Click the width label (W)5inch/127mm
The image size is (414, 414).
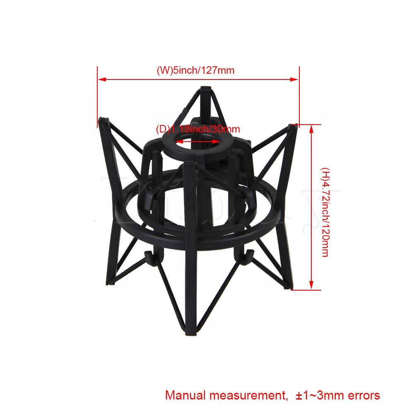(x=195, y=70)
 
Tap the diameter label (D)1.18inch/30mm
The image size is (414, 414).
(x=195, y=129)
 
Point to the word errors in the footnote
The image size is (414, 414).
(x=361, y=395)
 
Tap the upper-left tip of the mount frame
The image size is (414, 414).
(x=103, y=120)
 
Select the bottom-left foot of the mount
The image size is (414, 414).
(x=108, y=283)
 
